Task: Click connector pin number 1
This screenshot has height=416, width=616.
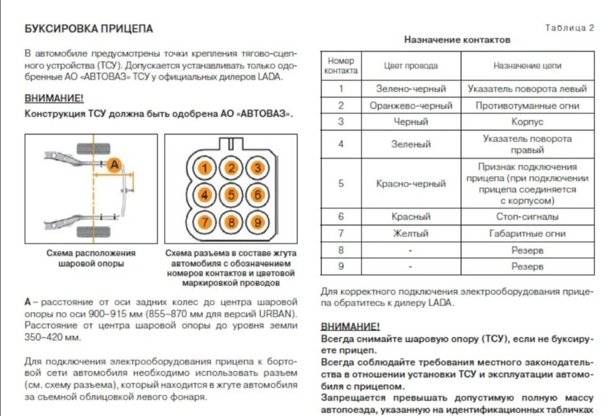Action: tap(205, 168)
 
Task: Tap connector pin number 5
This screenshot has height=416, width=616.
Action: tap(232, 195)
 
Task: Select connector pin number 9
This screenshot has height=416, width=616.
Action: tap(258, 222)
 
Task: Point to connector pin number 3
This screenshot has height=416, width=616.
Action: tap(258, 168)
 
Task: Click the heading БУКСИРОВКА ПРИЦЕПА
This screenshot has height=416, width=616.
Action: tap(89, 29)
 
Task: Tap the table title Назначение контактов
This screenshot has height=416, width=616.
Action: tap(457, 40)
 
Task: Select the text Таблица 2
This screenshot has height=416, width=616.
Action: tap(570, 27)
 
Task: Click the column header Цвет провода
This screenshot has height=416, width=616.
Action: tap(411, 66)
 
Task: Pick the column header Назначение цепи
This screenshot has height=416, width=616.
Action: tap(527, 66)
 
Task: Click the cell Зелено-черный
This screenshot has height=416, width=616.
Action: tap(411, 89)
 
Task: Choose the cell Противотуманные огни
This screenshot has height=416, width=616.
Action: tap(527, 106)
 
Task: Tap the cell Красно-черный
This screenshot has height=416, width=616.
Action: tap(411, 184)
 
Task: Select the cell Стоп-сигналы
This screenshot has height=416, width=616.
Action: tap(527, 217)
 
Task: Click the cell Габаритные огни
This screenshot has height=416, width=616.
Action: tap(527, 234)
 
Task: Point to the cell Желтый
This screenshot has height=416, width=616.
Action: tap(411, 234)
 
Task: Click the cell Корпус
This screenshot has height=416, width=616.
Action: tap(527, 122)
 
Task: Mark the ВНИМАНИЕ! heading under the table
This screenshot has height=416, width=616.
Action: tap(350, 327)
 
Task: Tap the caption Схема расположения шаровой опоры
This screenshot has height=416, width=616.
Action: tap(91, 258)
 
